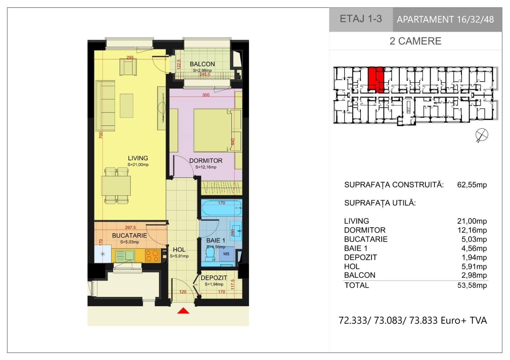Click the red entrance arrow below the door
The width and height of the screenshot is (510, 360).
point(183,311)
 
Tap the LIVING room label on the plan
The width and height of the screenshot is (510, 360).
point(138,158)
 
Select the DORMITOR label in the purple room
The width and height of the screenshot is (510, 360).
point(206,161)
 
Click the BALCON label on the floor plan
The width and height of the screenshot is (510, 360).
point(202,64)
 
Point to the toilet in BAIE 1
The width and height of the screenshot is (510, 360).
point(210,254)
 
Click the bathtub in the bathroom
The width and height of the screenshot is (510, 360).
point(222,207)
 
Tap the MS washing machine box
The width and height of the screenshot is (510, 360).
point(227,254)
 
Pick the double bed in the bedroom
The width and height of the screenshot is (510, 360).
point(212,130)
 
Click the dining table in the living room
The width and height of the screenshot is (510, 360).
point(116,185)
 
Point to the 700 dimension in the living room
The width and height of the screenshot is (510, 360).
point(101,135)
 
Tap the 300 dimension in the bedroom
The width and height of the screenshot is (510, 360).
point(206,95)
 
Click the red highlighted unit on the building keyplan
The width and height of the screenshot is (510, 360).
point(376,80)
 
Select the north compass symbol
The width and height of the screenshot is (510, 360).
point(482,135)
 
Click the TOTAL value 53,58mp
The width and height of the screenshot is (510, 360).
point(472,285)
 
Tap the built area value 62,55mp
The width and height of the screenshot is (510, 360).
point(472,185)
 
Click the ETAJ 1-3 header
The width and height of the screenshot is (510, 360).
point(361,19)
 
